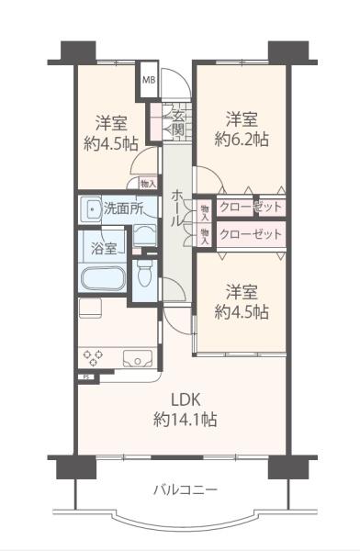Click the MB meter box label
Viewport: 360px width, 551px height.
coord(149,80)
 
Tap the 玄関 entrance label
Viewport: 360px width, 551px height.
coord(178,123)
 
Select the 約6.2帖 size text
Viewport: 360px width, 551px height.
coord(242,140)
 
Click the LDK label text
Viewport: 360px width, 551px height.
coord(186,399)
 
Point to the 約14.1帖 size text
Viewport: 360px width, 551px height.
coord(185,420)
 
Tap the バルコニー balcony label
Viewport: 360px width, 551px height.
coord(186,489)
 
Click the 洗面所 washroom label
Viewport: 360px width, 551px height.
coord(123,208)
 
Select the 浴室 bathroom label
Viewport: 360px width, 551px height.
coord(104,248)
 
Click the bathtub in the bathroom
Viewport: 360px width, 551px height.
coord(103,277)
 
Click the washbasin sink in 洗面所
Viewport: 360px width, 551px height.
coord(91,209)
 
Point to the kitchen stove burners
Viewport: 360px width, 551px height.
coord(93,358)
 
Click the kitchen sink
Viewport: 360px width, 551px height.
coord(138,359)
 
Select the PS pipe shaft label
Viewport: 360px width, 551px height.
coord(86,377)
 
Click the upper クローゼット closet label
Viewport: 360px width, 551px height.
coord(251,207)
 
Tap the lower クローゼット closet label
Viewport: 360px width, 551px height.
coord(251,233)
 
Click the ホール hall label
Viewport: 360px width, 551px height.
coord(177,209)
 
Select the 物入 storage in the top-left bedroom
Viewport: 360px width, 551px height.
coord(148,184)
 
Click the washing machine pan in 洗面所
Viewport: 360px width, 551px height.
coord(145,235)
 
